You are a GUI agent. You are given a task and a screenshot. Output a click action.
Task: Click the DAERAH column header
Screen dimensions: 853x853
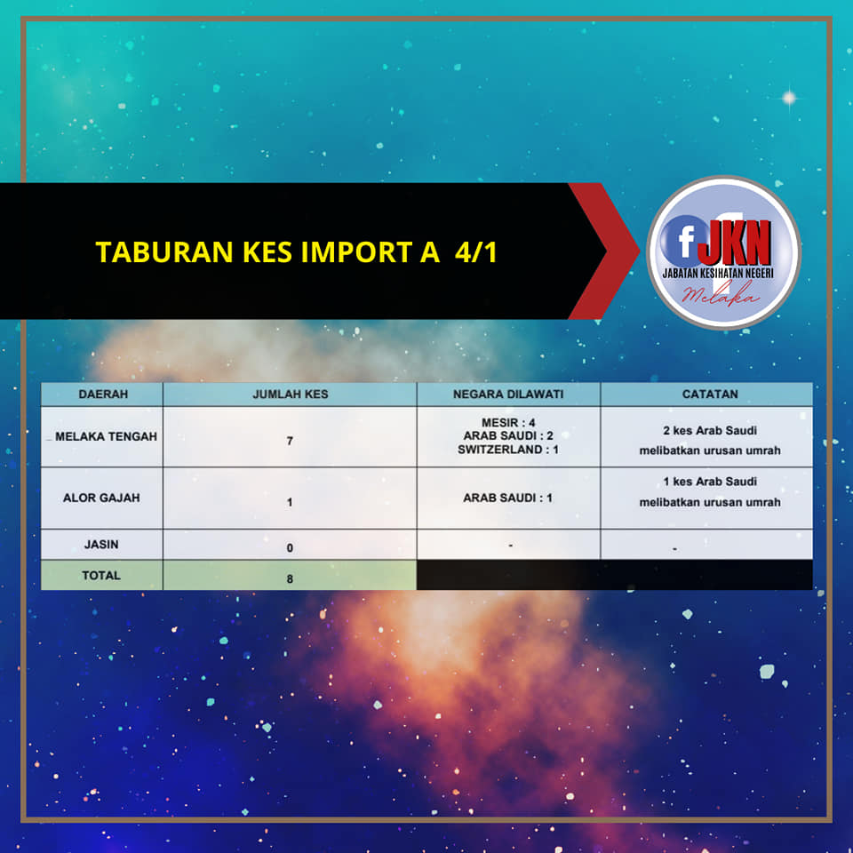click(103, 394)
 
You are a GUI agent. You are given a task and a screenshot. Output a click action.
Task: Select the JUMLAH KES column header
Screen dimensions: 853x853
click(290, 394)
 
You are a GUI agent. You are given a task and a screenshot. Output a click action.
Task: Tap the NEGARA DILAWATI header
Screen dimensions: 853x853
click(508, 394)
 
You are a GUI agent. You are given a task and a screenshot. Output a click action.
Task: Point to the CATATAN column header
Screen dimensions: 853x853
click(710, 394)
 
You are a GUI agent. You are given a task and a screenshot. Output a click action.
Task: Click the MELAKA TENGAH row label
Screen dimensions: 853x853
click(106, 436)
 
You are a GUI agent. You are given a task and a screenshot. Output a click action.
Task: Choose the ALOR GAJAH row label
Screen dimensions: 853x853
click(101, 498)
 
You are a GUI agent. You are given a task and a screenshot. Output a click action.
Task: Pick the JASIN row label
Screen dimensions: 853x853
click(101, 544)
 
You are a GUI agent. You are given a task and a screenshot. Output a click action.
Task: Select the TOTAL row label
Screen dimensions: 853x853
click(101, 575)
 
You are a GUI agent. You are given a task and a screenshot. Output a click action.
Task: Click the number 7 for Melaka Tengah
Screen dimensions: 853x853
click(290, 441)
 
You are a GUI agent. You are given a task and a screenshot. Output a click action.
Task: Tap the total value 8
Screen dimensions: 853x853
click(290, 578)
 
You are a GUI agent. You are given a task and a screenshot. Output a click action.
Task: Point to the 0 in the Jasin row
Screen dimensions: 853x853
click(290, 548)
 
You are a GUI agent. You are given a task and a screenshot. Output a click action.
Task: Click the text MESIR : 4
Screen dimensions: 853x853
click(508, 423)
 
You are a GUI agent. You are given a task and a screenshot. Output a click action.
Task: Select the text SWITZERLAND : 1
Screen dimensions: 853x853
click(508, 450)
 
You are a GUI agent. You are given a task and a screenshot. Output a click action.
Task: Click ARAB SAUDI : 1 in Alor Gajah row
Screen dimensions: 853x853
click(507, 498)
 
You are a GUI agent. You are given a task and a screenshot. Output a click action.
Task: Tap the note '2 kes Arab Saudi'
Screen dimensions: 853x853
click(710, 430)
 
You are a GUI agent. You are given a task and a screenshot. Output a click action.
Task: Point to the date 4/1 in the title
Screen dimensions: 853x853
click(476, 252)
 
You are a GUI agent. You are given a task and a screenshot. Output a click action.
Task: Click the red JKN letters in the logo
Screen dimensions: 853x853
click(735, 242)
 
